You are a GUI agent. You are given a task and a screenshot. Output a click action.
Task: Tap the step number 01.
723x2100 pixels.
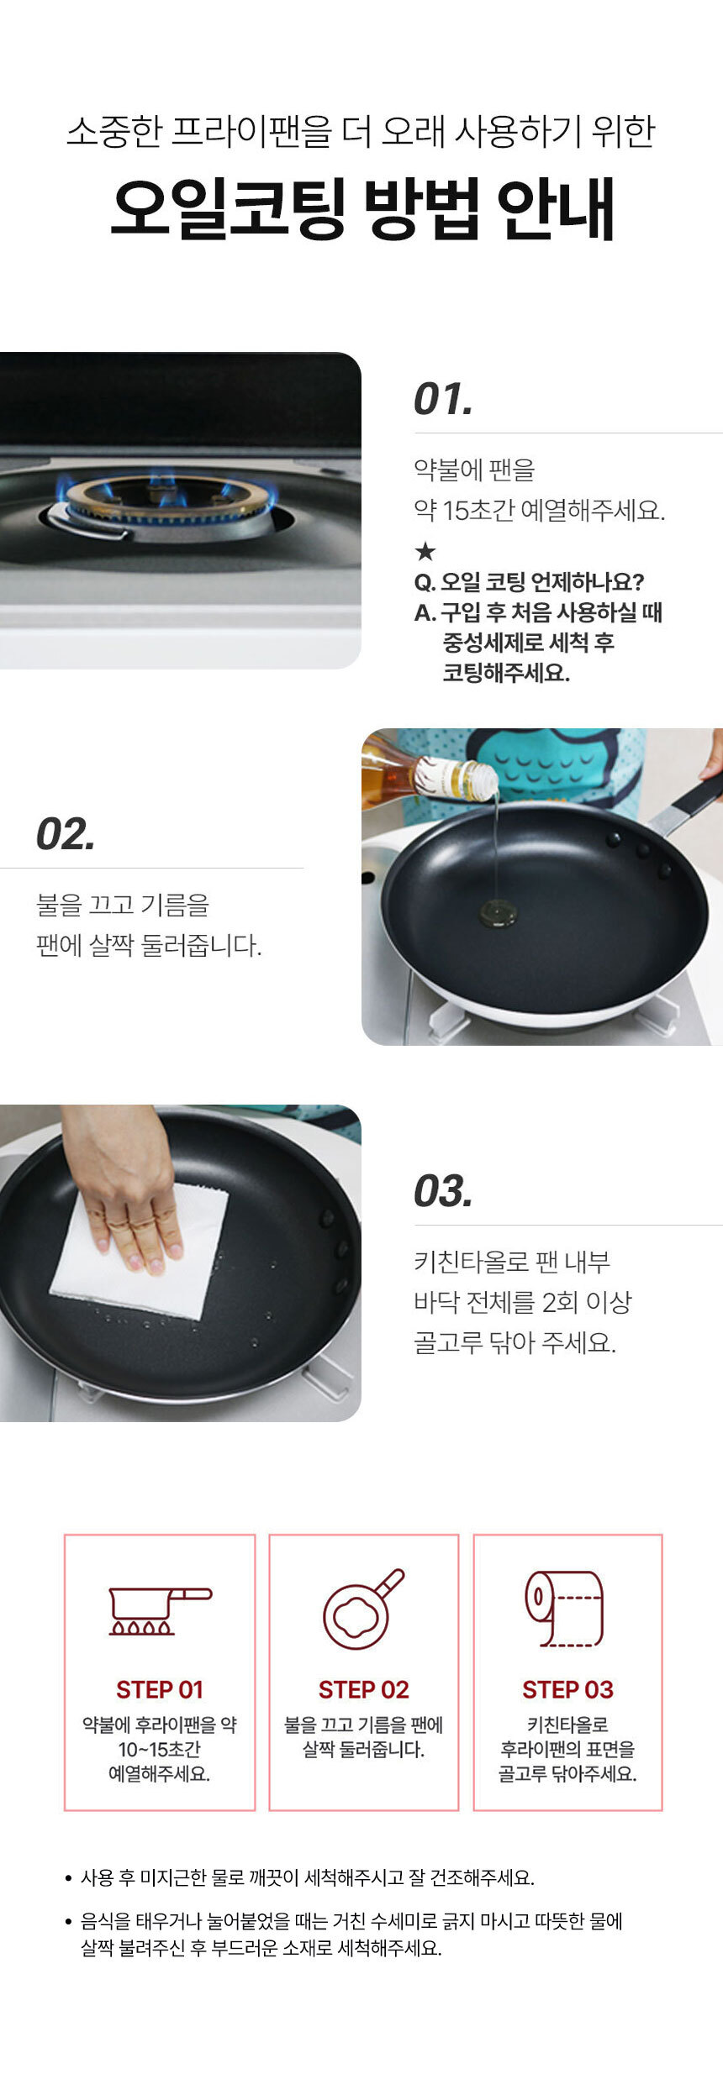point(443,399)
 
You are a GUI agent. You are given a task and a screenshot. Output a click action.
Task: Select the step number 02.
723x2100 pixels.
point(66,834)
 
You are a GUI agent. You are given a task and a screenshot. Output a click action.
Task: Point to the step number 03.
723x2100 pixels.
point(443,1191)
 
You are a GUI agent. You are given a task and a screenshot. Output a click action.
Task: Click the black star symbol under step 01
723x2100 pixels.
point(425,551)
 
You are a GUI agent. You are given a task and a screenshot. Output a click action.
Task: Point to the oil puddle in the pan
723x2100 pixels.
point(498,912)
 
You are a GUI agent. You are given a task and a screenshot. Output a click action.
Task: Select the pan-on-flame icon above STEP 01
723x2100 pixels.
point(160,1611)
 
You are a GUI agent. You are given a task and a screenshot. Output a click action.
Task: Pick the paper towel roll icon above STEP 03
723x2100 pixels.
point(564,1609)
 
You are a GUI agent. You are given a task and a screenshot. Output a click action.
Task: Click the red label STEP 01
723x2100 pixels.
point(160,1689)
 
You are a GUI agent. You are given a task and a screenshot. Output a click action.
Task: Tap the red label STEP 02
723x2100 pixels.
point(363,1689)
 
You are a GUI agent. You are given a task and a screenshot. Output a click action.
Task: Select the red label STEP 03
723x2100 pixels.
point(567,1689)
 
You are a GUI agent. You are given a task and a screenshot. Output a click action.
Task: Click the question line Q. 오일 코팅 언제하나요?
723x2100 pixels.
point(529,581)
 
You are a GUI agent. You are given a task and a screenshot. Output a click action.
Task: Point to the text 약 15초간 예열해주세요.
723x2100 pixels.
point(539,510)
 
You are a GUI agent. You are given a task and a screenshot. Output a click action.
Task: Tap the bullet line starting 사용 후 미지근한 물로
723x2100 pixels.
point(308,1877)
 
